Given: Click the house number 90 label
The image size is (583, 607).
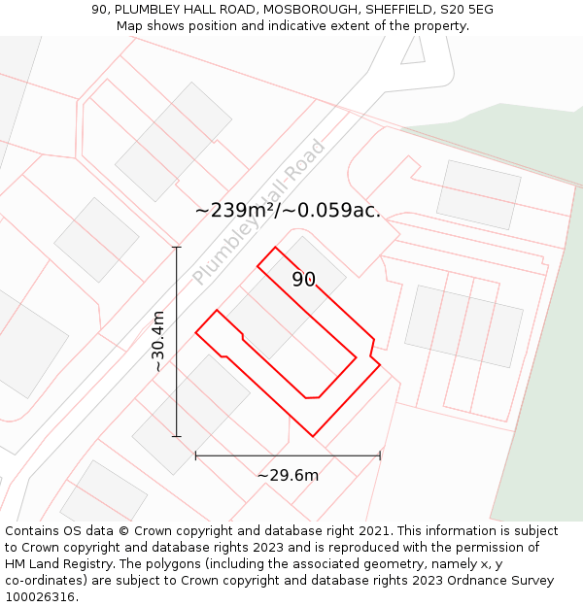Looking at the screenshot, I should [304, 280].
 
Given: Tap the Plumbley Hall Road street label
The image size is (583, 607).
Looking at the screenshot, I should [259, 213].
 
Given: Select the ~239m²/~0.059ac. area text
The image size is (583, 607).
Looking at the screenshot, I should [288, 210].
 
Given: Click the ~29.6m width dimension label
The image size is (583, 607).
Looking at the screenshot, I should [288, 475].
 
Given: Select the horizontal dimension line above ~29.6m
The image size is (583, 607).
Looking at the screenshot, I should [288, 455].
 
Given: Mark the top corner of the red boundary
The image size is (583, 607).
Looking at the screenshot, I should [275, 248].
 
